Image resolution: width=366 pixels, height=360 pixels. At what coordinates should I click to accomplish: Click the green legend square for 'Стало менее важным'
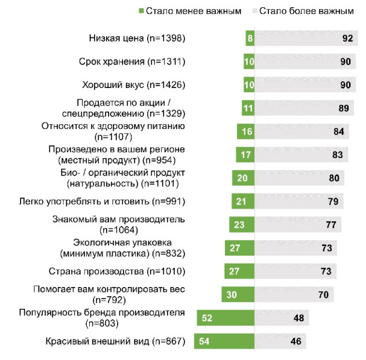(141, 11)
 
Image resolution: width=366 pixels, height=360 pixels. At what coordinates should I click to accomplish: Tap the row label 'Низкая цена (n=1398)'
(136, 39)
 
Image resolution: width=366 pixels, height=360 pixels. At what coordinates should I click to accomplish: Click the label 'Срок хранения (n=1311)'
(131, 62)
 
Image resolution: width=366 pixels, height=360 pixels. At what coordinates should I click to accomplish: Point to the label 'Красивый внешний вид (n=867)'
(115, 342)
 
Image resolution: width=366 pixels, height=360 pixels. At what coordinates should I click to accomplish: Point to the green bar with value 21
(243, 201)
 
